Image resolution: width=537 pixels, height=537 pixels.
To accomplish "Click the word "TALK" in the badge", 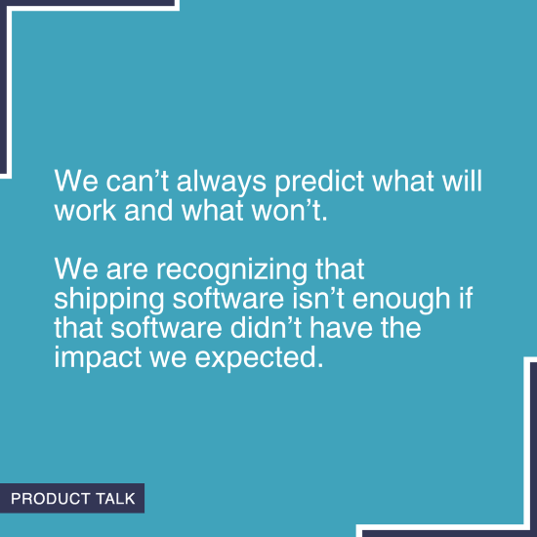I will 112,499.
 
